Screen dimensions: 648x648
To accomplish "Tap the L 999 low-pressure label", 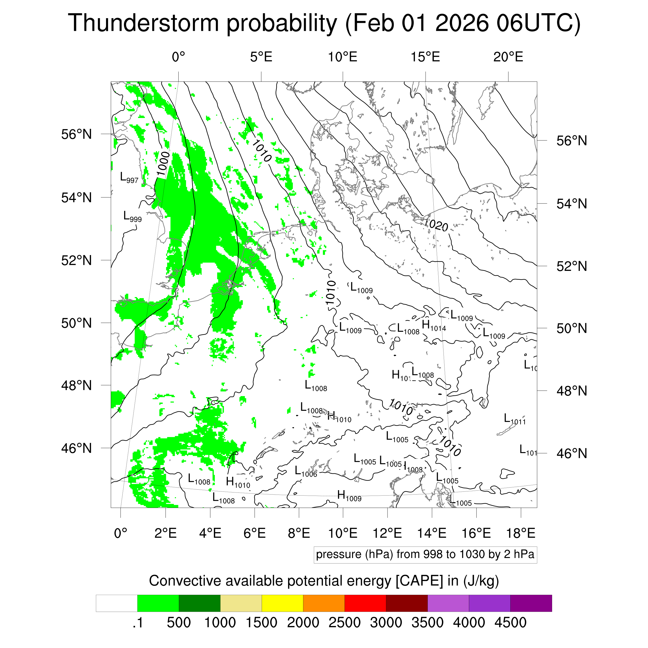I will [132, 216].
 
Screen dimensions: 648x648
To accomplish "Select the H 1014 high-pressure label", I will [434, 325].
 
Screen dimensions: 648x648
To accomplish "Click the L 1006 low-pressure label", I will [306, 471].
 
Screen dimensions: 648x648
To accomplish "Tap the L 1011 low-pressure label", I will [515, 419].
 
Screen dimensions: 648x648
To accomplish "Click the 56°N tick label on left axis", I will [76, 135].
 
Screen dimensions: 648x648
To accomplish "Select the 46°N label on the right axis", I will [572, 453].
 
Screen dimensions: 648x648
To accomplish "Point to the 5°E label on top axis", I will [261, 57].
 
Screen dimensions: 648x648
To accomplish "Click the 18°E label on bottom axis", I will [520, 533].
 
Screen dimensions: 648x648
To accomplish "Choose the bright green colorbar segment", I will [158, 603].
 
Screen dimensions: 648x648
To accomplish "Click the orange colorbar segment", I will [324, 603].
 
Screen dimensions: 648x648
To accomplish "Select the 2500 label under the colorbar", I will [344, 623].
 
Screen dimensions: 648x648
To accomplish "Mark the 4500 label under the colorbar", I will [510, 623].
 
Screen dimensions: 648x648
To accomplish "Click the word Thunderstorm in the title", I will [144, 24].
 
